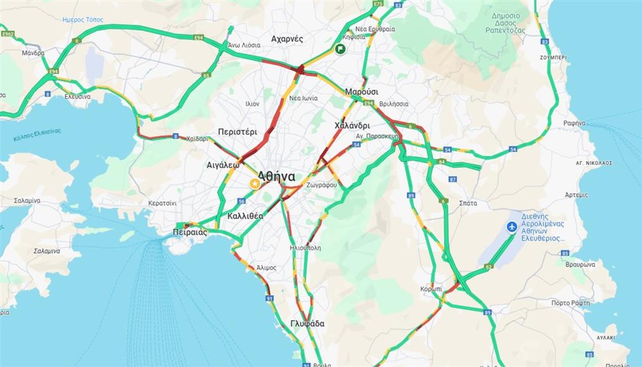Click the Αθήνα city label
click(x=277, y=176)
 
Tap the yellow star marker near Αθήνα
click(x=255, y=183)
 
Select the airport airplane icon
click(x=512, y=226)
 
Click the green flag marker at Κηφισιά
click(x=340, y=49)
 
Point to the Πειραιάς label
click(x=190, y=232)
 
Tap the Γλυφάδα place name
click(x=307, y=324)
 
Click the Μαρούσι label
click(x=361, y=92)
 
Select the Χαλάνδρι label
click(x=352, y=126)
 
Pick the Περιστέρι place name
click(x=237, y=132)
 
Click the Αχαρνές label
click(x=287, y=38)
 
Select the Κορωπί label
click(x=431, y=289)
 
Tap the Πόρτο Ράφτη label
click(x=570, y=302)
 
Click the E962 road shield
click(x=8, y=33)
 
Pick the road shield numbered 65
click(x=206, y=75)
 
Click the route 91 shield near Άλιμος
click(x=269, y=298)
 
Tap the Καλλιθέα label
click(x=245, y=216)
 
